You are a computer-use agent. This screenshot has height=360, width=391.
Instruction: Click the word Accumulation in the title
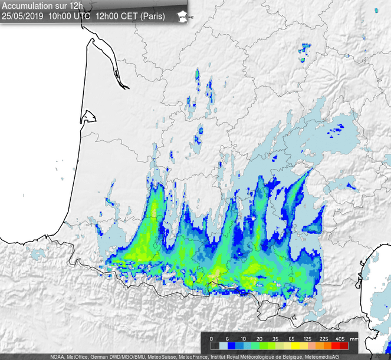(27, 6)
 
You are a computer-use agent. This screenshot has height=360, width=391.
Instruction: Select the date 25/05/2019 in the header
(22, 16)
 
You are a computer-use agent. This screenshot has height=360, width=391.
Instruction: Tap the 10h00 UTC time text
(70, 16)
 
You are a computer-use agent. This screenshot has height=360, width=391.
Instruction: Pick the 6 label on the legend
(228, 339)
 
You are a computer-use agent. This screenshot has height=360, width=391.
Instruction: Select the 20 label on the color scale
(259, 339)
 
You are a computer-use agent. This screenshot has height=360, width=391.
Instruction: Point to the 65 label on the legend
(291, 339)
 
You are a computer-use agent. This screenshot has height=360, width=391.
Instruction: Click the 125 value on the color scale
(307, 339)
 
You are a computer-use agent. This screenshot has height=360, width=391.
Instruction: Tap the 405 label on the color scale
(340, 339)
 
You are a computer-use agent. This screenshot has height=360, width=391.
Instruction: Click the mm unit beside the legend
(354, 340)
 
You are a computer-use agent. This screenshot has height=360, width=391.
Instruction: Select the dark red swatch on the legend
(344, 346)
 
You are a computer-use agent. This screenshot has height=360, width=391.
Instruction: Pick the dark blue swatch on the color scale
(232, 346)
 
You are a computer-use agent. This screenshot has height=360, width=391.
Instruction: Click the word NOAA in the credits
(57, 356)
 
